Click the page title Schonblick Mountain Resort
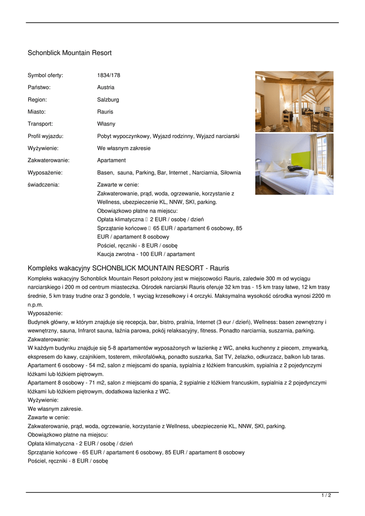69,53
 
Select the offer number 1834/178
109,76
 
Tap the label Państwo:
39,88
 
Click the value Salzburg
108,100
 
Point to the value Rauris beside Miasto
105,112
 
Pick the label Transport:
40,124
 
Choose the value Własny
106,124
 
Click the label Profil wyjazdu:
45,136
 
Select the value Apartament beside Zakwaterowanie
111,160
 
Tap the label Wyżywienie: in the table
43,148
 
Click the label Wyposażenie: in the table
45,172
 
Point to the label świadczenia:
43,184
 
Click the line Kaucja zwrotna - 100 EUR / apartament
146,254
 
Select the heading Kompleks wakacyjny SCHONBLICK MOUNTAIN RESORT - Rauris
128,268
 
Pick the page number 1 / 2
326,496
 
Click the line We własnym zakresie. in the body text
55,409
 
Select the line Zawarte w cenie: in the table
118,184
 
